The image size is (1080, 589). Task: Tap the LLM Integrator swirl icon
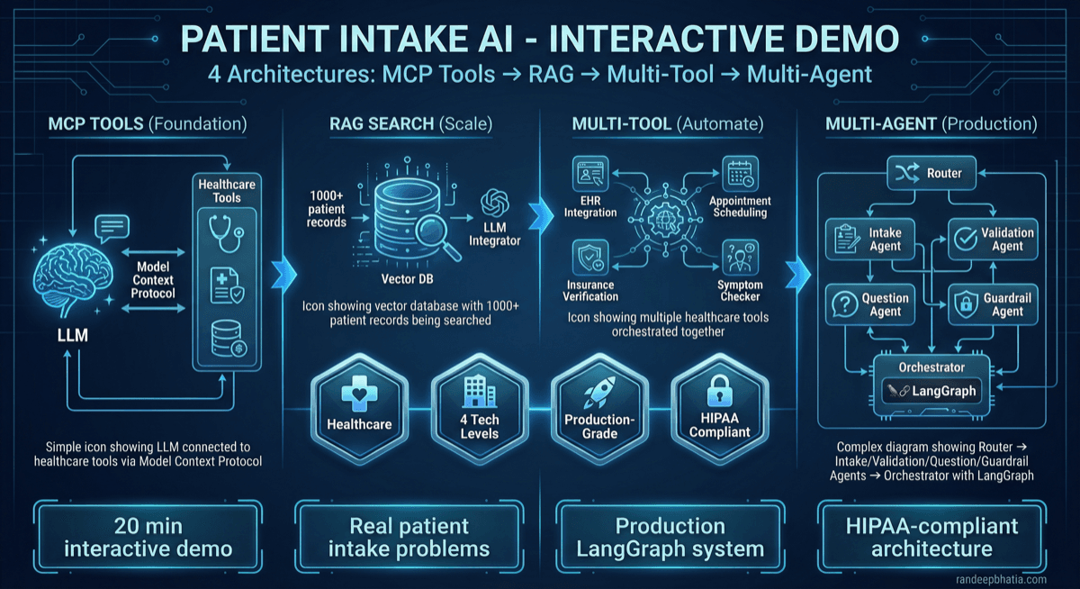coord(495,203)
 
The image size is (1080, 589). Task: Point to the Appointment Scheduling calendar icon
coord(740,172)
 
